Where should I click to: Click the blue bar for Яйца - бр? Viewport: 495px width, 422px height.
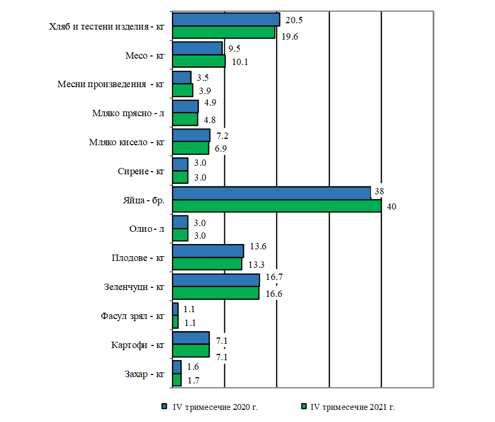pyautogui.click(x=271, y=193)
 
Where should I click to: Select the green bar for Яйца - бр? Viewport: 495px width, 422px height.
pyautogui.click(x=277, y=206)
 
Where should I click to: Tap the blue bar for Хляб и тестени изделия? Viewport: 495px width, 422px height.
pyautogui.click(x=226, y=20)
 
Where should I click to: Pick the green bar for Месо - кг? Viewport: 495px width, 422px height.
pyautogui.click(x=199, y=61)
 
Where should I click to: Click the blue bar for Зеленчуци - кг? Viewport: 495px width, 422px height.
pyautogui.click(x=216, y=280)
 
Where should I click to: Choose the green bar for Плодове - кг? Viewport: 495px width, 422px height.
pyautogui.click(x=207, y=264)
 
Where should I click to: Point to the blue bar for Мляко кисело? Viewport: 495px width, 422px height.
pyautogui.click(x=191, y=135)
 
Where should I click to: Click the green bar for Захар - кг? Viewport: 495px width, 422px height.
pyautogui.click(x=177, y=380)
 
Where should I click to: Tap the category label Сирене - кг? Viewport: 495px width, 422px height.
pyautogui.click(x=140, y=171)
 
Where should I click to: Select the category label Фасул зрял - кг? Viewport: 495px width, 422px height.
pyautogui.click(x=132, y=316)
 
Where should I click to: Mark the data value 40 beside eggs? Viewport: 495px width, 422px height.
pyautogui.click(x=391, y=207)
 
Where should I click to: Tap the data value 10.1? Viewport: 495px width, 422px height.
pyautogui.click(x=240, y=62)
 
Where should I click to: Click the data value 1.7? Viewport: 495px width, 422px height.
pyautogui.click(x=193, y=380)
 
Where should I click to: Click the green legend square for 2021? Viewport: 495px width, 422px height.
pyautogui.click(x=303, y=407)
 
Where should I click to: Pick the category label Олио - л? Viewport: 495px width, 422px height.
pyautogui.click(x=146, y=229)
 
